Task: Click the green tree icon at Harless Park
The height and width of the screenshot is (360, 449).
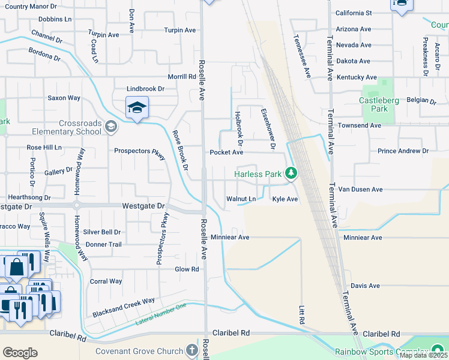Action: click(291, 173)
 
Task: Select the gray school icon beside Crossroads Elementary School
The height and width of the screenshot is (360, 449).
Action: click(110, 126)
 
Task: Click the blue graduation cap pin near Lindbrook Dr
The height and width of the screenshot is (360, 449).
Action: click(137, 108)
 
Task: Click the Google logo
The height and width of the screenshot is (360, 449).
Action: click(20, 353)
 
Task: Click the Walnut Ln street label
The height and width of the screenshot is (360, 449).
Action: click(241, 199)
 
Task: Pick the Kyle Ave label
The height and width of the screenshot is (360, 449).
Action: click(285, 199)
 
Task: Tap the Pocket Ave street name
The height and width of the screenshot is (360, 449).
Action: click(226, 152)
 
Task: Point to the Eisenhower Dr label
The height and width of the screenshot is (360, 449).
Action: click(268, 129)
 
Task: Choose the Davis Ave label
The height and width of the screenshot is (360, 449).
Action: click(366, 286)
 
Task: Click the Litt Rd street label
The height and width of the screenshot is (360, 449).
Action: click(302, 316)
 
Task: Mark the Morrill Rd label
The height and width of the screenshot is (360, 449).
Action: click(182, 77)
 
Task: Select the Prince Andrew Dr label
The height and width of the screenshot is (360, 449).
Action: click(403, 151)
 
